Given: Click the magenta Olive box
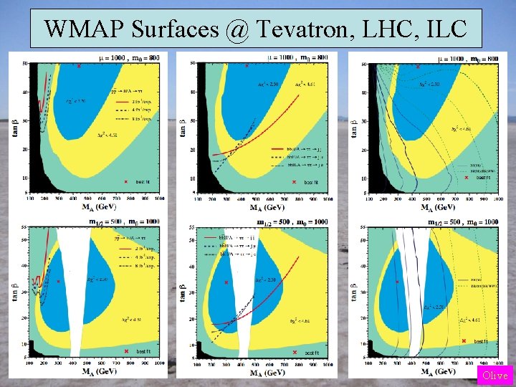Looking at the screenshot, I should tap(495, 376).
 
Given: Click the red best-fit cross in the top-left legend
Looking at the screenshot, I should tap(127, 181).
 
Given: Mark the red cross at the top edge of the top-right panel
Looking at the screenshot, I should tap(418, 67).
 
